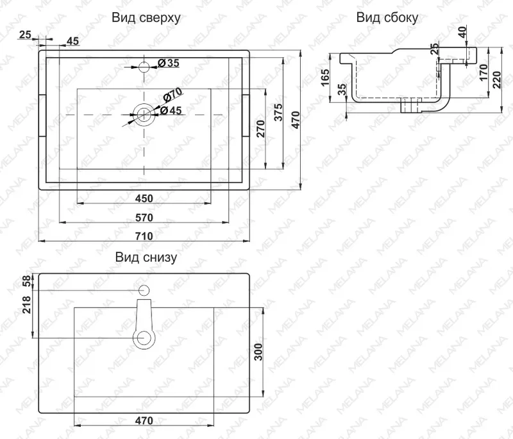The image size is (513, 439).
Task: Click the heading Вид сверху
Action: tap(146, 18)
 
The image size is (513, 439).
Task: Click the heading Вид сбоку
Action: tap(387, 18)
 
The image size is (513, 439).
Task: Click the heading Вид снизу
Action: tap(146, 257)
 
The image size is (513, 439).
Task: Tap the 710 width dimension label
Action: tap(144, 236)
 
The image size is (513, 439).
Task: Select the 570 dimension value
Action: tap(144, 218)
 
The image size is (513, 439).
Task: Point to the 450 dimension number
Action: tap(144, 198)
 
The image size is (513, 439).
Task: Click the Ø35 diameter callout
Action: tap(169, 63)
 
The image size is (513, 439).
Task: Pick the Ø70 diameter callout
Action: tap(172, 95)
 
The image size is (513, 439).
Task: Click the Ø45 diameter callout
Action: tap(171, 110)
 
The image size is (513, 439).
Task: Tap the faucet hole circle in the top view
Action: tap(144, 67)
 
